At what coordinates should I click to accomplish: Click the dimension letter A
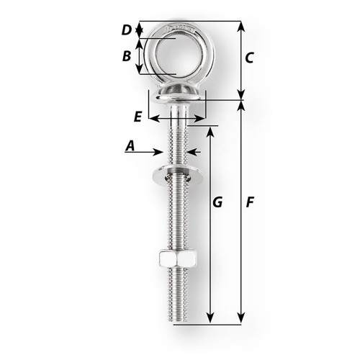(x=130, y=146)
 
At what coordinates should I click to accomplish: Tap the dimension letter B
(x=126, y=55)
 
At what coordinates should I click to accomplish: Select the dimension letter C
(x=248, y=58)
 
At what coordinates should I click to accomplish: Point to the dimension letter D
(x=126, y=30)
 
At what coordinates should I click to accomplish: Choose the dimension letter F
(x=249, y=204)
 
